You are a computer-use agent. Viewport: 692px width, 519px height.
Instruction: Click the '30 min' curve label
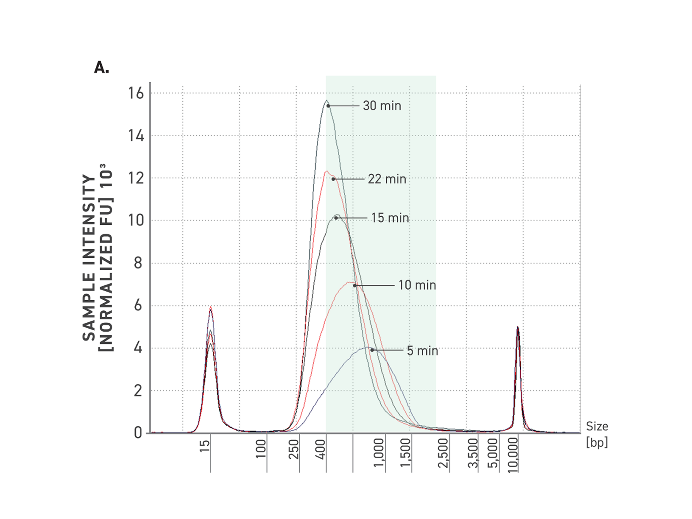(382, 106)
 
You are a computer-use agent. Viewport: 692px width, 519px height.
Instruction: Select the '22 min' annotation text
(387, 179)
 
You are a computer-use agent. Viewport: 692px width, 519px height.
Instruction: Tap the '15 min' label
(390, 218)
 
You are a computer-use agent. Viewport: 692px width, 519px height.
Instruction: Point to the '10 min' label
(417, 285)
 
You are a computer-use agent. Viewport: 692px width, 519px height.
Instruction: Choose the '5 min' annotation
(422, 351)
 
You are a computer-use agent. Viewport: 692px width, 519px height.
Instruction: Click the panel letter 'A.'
(102, 67)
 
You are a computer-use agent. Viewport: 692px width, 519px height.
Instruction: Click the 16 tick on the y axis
(136, 93)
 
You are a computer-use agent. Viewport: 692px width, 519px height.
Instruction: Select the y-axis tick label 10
(136, 220)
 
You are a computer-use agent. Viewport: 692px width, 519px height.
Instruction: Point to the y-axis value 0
(138, 433)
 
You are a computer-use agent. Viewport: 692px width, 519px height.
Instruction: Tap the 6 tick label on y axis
(138, 306)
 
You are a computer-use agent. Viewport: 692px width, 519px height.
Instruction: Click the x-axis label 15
(205, 446)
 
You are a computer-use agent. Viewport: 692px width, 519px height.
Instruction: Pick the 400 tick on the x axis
(321, 449)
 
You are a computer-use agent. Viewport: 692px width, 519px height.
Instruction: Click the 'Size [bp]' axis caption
(597, 434)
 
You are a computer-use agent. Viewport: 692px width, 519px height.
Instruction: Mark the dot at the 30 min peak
(328, 106)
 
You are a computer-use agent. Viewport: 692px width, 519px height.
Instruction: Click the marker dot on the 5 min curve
(372, 350)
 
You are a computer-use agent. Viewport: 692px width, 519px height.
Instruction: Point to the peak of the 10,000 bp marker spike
(518, 327)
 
